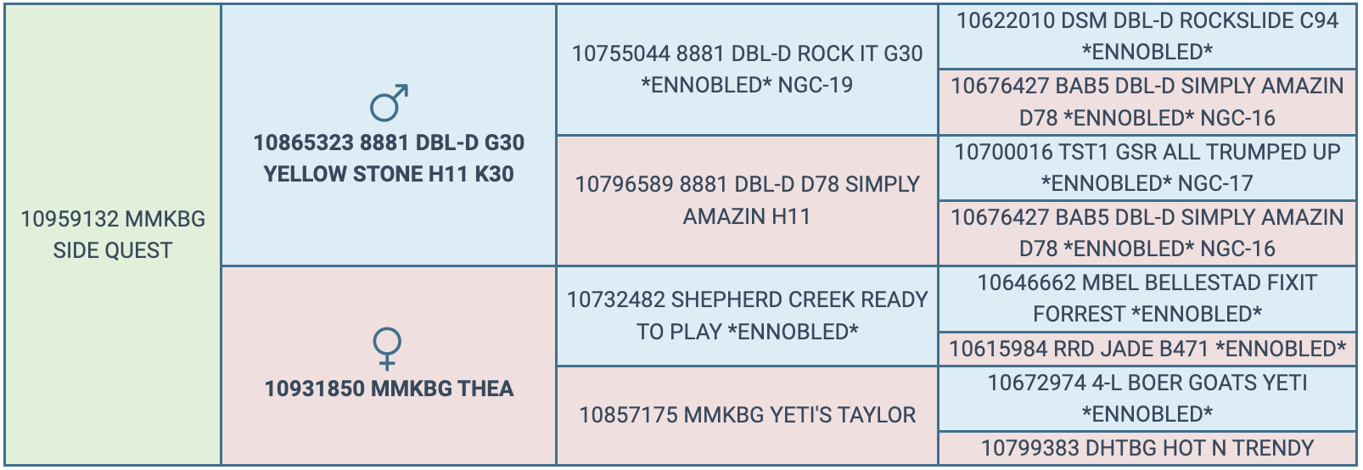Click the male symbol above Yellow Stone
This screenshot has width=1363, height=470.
[x=389, y=103]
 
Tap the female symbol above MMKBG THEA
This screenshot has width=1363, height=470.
[x=387, y=349]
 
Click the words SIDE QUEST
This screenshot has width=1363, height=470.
[x=113, y=251]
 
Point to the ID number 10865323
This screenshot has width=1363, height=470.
[x=302, y=143]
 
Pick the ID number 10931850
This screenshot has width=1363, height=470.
[x=313, y=389]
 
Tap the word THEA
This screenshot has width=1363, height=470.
[x=485, y=389]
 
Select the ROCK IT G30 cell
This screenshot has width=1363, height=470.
[x=747, y=69]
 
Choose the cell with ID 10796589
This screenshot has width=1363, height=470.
[x=747, y=200]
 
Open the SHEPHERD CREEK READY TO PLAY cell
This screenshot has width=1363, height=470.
[x=747, y=316]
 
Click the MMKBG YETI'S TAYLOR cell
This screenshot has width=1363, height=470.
[x=747, y=416]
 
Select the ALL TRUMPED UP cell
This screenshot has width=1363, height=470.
[x=1147, y=167]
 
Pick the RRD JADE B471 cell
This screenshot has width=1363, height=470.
[x=1147, y=349]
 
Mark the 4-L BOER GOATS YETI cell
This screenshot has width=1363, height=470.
[x=1147, y=398]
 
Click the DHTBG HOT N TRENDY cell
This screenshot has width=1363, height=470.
[x=1147, y=448]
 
